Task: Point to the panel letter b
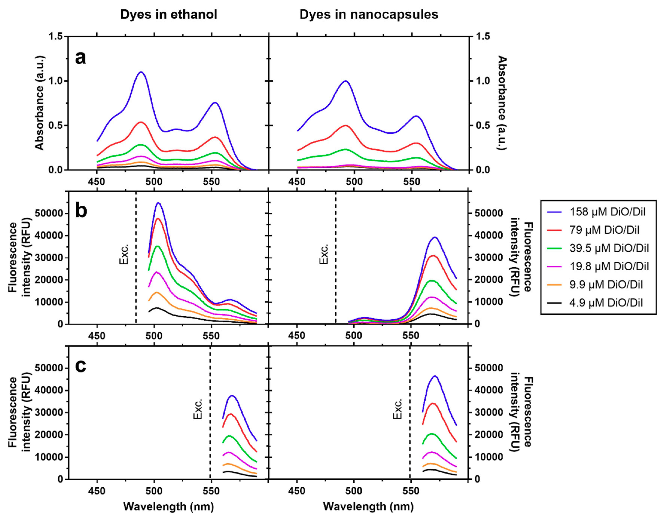[81, 211]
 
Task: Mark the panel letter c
[80, 366]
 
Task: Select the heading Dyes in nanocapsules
[369, 14]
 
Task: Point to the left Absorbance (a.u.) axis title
[39, 103]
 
